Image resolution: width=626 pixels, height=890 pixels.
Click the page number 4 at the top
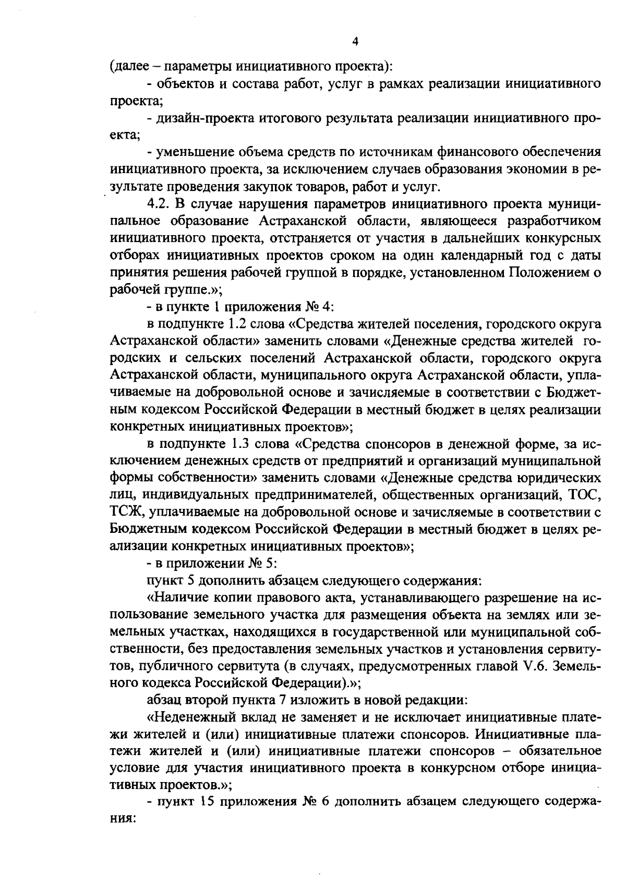click(x=355, y=42)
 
